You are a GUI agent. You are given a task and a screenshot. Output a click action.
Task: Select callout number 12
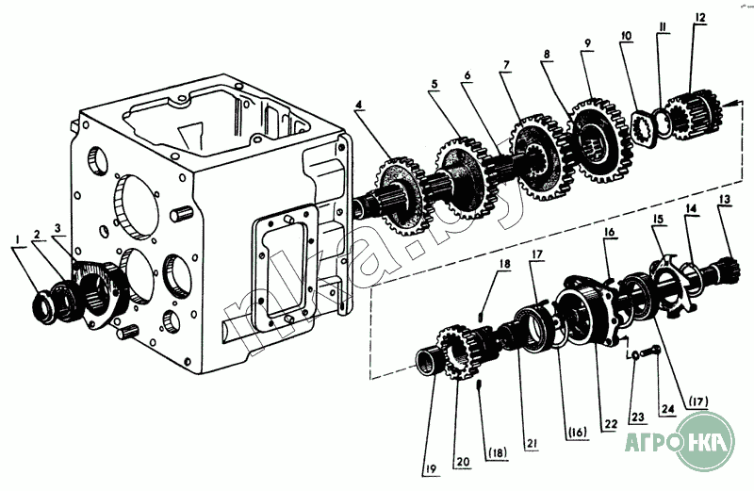700,19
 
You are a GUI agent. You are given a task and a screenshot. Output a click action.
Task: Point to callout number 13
724,199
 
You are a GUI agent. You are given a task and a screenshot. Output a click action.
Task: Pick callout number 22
611,424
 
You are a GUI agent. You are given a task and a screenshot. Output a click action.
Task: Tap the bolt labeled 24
655,353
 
